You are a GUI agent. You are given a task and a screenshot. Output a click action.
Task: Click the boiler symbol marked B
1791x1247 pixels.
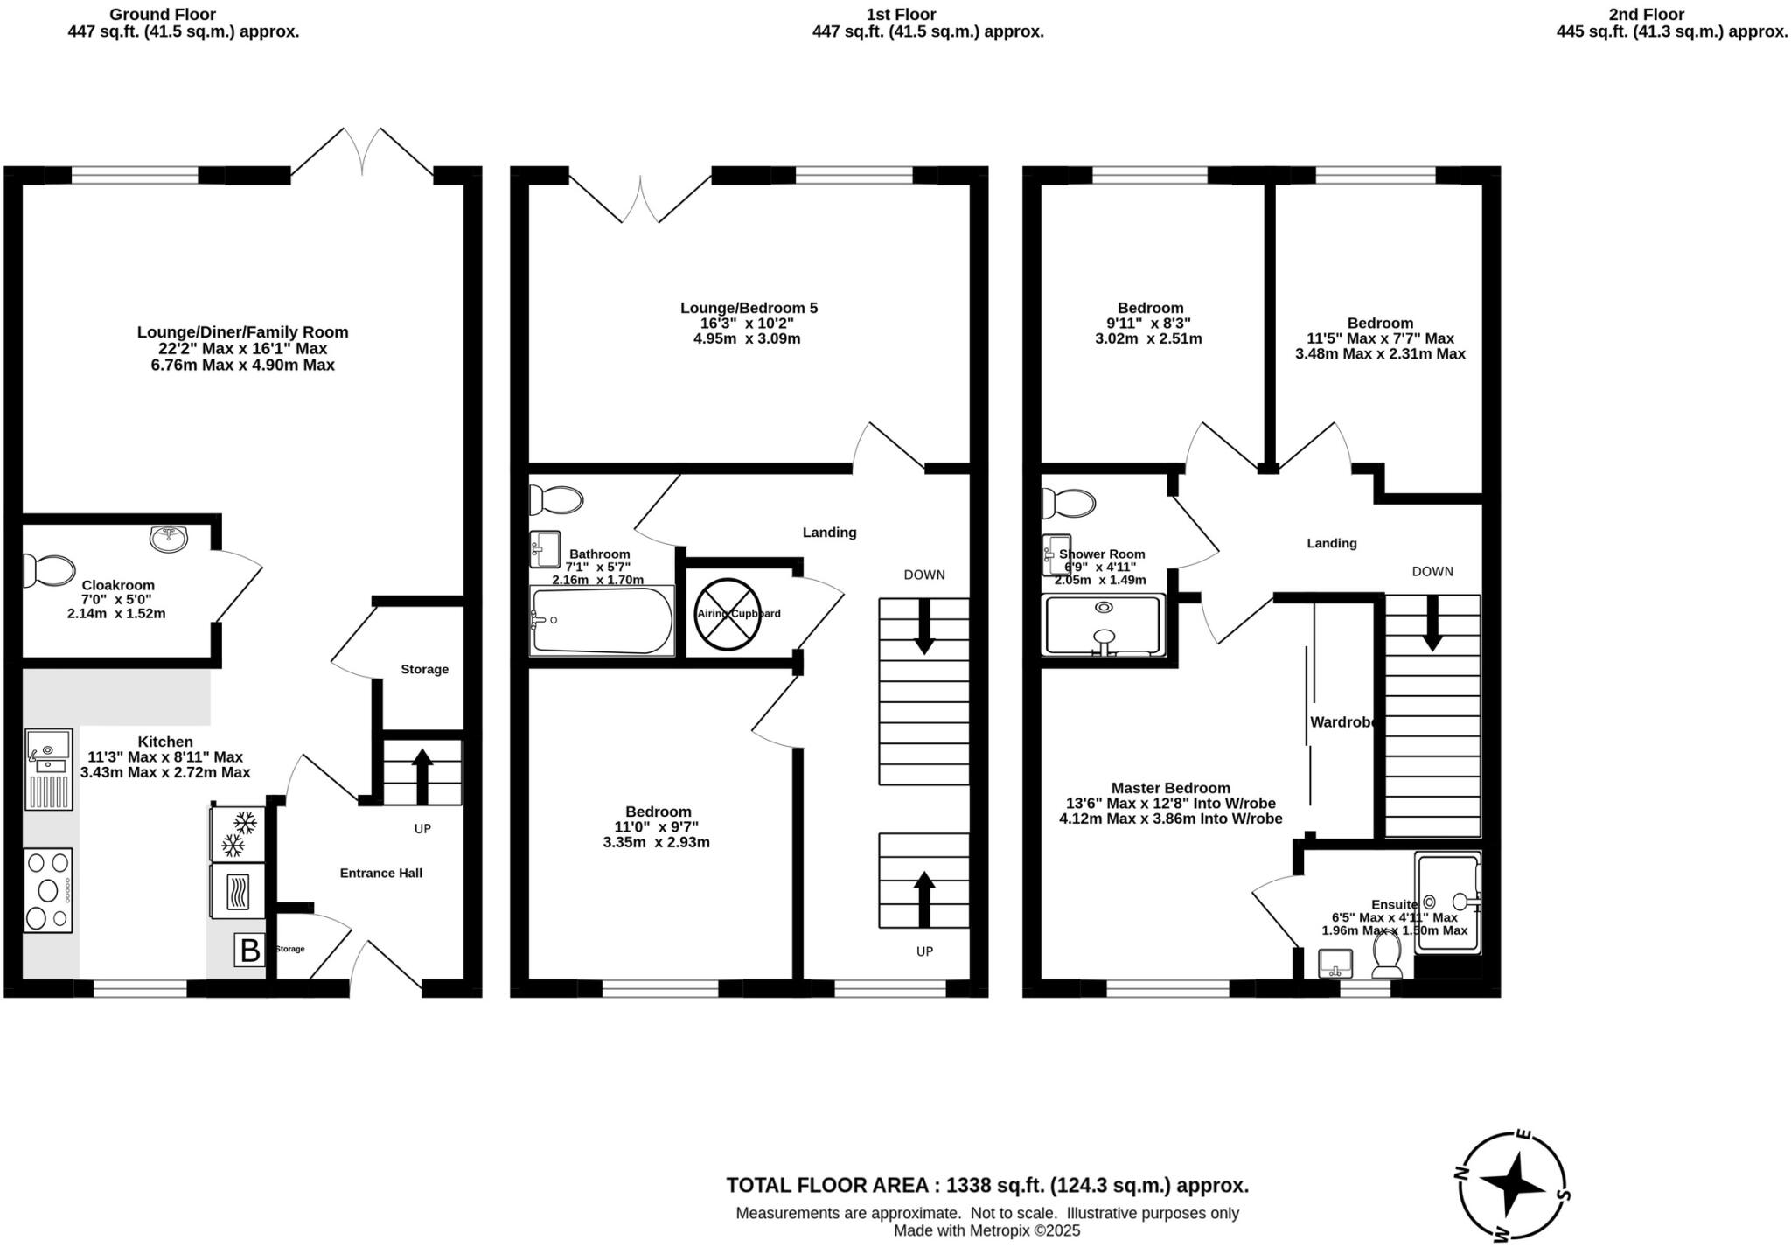point(249,950)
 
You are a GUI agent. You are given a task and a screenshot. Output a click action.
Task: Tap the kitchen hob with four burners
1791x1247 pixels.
point(48,890)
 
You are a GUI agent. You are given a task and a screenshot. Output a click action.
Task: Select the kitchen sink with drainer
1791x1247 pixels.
point(48,769)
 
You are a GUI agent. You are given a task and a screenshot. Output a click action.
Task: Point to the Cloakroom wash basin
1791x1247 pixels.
point(169,539)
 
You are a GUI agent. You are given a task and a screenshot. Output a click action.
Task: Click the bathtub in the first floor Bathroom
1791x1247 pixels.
point(602,621)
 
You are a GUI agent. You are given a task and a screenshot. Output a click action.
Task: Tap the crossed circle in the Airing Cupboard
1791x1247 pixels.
point(728,614)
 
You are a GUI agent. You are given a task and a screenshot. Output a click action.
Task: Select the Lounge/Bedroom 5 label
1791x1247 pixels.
point(749,308)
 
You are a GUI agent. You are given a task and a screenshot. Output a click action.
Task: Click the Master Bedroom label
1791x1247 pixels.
point(1170,788)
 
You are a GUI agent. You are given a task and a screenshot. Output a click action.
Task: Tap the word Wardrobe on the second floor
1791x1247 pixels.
point(1342,722)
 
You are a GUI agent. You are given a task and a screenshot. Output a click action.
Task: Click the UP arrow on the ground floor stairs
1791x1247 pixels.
point(422,774)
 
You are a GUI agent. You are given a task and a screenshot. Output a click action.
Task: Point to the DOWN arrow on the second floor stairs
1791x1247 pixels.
point(1432,623)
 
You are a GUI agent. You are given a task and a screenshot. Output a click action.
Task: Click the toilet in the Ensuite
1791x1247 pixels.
point(1387,957)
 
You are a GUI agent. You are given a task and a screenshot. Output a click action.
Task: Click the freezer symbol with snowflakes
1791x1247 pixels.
point(238,833)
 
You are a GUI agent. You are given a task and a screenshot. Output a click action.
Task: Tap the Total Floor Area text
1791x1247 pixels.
point(986,1185)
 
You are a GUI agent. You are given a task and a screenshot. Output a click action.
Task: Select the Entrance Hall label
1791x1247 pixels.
point(380,873)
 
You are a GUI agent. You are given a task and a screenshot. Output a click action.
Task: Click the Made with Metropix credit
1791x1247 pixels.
point(986,1230)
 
